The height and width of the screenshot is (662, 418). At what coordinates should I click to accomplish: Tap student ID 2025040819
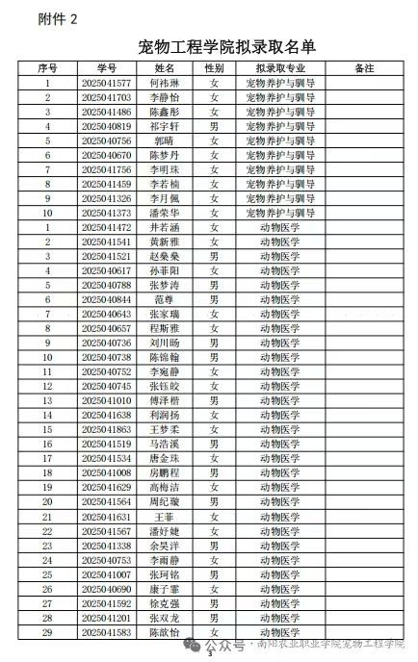107,126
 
